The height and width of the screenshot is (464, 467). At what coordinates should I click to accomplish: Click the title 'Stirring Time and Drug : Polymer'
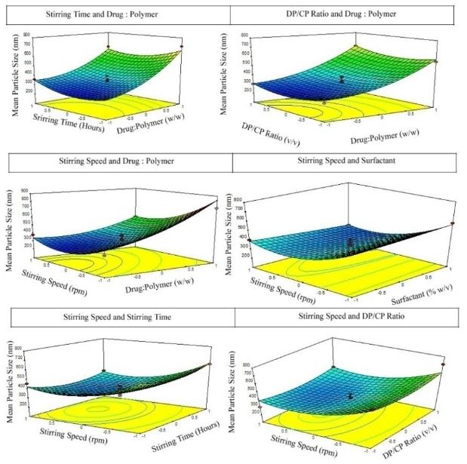point(116,14)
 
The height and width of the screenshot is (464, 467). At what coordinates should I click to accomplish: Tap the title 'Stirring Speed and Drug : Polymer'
point(117,161)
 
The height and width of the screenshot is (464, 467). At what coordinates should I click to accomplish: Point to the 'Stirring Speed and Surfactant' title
point(343,161)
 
